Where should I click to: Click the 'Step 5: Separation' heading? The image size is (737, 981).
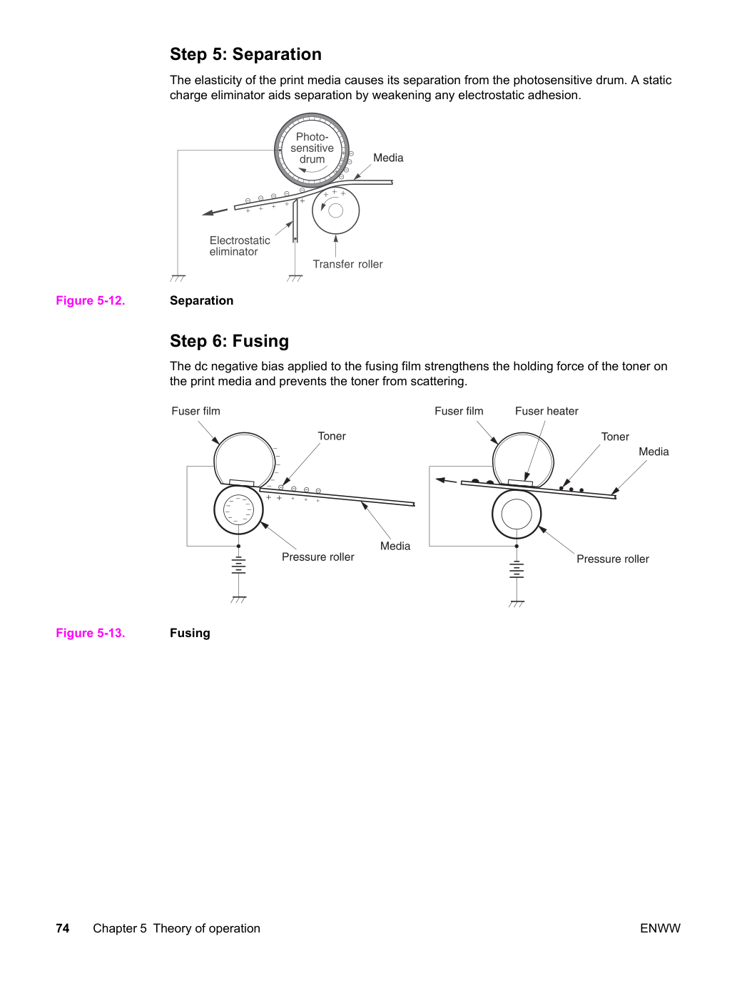pyautogui.click(x=245, y=54)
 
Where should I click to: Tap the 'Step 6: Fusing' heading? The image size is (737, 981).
pyautogui.click(x=229, y=340)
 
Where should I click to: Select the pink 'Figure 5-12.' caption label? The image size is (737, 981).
pyautogui.click(x=91, y=300)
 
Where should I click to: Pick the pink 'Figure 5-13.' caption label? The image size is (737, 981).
pyautogui.click(x=91, y=633)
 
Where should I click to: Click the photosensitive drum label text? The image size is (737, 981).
pyautogui.click(x=312, y=148)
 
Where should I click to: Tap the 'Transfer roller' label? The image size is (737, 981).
pyautogui.click(x=347, y=264)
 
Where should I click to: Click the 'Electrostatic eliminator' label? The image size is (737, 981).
pyautogui.click(x=240, y=246)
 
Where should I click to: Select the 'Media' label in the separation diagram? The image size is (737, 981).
pyautogui.click(x=388, y=158)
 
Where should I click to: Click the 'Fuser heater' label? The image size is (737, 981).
pyautogui.click(x=547, y=411)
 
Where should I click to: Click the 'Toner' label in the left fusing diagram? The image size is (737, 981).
pyautogui.click(x=332, y=436)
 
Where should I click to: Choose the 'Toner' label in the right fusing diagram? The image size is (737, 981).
pyautogui.click(x=615, y=437)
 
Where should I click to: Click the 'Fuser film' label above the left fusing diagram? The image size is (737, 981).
pyautogui.click(x=195, y=411)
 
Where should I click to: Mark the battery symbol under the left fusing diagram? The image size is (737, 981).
pyautogui.click(x=239, y=565)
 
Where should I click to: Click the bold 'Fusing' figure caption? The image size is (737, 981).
pyautogui.click(x=190, y=633)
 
